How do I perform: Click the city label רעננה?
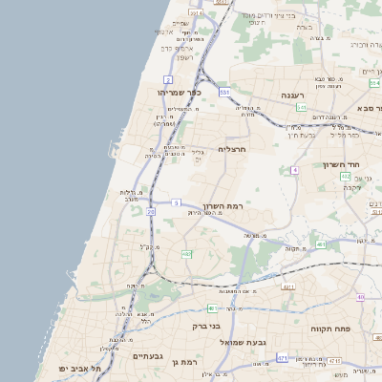tap(291, 96)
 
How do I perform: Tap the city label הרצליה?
tap(233, 149)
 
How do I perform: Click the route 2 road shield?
tap(168, 79)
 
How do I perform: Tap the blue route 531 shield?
tap(225, 92)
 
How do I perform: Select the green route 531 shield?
tap(300, 108)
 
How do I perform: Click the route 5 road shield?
tap(176, 202)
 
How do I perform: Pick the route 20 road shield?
tap(151, 211)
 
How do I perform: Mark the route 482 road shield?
tap(187, 254)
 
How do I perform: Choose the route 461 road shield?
tap(321, 245)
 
